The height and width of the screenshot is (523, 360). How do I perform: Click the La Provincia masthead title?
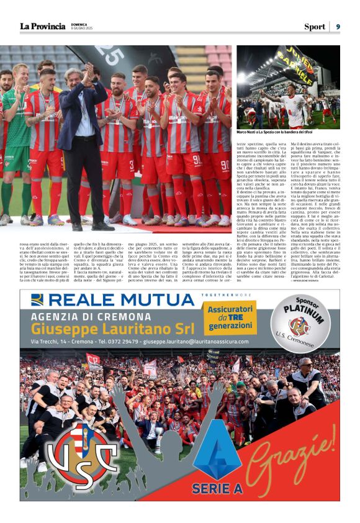click(x=42, y=26)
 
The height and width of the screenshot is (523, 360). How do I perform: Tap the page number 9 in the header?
click(x=338, y=26)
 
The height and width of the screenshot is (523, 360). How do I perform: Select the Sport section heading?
click(x=314, y=26)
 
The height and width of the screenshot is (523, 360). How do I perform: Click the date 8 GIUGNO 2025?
click(x=81, y=29)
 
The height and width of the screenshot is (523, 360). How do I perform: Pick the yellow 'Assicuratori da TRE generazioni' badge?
click(x=231, y=317)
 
